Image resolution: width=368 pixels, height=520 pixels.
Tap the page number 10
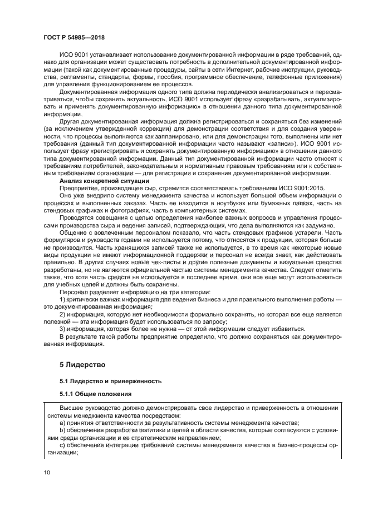pyautogui.click(x=48, y=473)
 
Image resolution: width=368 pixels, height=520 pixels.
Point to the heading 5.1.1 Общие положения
pyautogui.click(x=96, y=394)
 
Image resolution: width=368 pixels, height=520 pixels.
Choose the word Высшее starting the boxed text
pyautogui.click(x=71, y=409)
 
